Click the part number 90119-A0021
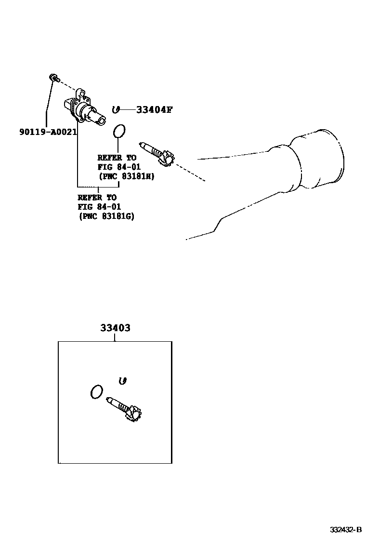pyautogui.click(x=48, y=132)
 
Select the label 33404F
pyautogui.click(x=154, y=110)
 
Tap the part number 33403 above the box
pyautogui.click(x=115, y=328)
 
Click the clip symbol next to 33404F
pyautogui.click(x=115, y=110)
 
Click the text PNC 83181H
pyautogui.click(x=126, y=176)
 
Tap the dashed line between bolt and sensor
pyautogui.click(x=67, y=84)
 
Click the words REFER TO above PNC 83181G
pyautogui.click(x=97, y=197)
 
